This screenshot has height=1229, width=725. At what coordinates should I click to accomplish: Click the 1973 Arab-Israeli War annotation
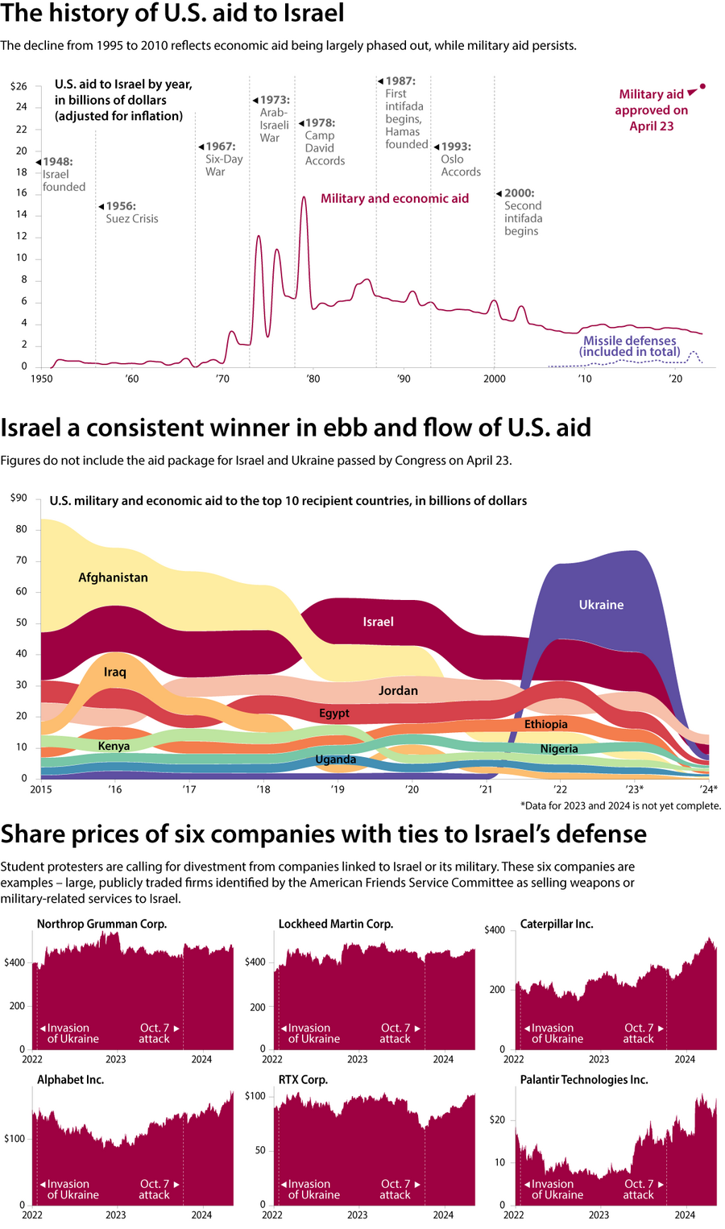click(274, 118)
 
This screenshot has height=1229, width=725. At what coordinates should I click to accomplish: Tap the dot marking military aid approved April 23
click(702, 86)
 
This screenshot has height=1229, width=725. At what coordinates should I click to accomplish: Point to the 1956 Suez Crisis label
click(131, 213)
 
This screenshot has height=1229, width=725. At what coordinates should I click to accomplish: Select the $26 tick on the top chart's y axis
click(19, 86)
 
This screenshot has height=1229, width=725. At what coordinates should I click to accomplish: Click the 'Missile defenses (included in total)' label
click(629, 346)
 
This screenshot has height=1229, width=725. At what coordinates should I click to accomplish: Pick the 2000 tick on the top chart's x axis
click(494, 379)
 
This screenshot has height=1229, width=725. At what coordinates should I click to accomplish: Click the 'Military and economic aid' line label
click(394, 198)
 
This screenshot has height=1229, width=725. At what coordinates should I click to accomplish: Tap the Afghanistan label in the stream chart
click(113, 577)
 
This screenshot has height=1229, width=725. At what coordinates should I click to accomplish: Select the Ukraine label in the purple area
click(601, 605)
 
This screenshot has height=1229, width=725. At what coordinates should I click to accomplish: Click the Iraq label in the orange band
click(115, 672)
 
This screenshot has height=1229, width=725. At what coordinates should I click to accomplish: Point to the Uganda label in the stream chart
click(336, 759)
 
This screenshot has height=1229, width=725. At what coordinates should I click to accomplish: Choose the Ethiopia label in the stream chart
click(546, 724)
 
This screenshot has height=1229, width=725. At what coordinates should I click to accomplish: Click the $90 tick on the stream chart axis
click(19, 498)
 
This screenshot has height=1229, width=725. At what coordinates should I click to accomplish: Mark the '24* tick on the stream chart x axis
click(708, 789)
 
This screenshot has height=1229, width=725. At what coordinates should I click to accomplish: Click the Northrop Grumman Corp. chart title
click(101, 924)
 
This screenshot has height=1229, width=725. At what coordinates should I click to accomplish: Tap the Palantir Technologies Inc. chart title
click(584, 1079)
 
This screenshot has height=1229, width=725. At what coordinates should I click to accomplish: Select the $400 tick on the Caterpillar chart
click(495, 929)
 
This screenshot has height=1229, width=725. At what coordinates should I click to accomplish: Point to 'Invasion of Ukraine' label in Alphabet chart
click(72, 1190)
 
